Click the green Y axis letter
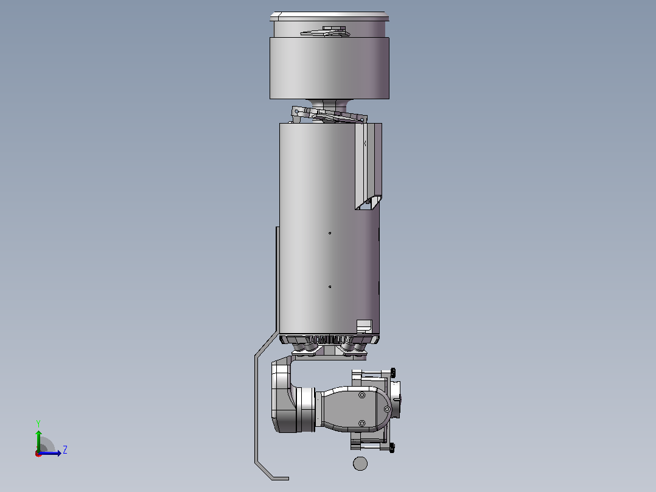(x=38, y=424)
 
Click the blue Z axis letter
(x=65, y=450)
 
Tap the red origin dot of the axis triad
(x=38, y=454)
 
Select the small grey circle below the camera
(x=360, y=463)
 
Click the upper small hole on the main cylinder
(x=330, y=233)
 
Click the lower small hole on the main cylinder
(x=330, y=287)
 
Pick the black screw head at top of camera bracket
(x=393, y=371)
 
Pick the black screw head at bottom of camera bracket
(x=392, y=448)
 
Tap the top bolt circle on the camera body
(x=362, y=395)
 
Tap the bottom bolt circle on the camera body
(x=362, y=423)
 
